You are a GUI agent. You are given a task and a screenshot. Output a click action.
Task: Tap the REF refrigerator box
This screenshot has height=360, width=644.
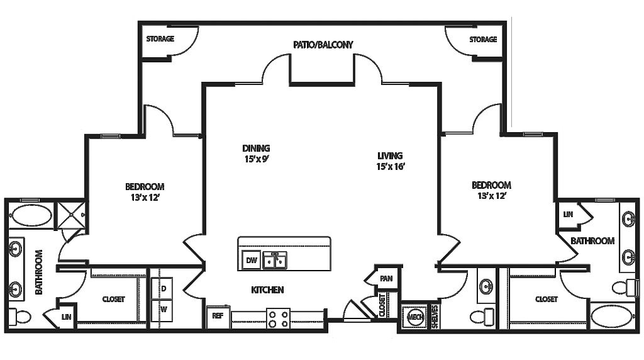[x=218, y=316]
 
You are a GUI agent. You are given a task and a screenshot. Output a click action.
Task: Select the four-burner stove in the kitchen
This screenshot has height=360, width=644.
[x=278, y=318]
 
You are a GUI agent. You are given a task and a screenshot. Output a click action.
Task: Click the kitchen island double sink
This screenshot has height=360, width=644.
[x=275, y=259]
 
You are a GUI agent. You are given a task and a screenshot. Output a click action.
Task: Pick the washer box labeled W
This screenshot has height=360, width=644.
[x=164, y=310]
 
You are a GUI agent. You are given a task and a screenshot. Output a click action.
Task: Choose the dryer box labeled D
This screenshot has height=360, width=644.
[x=164, y=288]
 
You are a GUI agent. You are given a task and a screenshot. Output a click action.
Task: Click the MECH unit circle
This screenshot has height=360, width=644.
[x=415, y=316]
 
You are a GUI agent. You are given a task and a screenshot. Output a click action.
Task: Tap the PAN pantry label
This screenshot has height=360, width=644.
[x=386, y=278]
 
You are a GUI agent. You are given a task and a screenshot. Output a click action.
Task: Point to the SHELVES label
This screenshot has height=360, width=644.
[x=435, y=317]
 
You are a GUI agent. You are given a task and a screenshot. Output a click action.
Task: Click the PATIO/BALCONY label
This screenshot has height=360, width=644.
[x=323, y=45]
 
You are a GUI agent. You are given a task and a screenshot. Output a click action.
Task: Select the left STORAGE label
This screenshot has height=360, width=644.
[x=160, y=39]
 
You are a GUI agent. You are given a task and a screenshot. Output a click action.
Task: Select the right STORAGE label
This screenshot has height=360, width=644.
[x=483, y=40]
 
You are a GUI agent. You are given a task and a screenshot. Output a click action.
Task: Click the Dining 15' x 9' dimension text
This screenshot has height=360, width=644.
[x=256, y=159]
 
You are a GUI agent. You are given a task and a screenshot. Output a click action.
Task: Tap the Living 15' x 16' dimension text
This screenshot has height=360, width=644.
[x=390, y=167]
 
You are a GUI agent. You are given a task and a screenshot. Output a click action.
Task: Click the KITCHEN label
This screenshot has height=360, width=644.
[x=268, y=290]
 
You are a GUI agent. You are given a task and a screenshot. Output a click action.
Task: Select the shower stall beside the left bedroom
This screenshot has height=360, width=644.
[x=72, y=215]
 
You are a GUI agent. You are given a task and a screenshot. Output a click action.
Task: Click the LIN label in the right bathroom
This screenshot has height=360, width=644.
[x=568, y=215]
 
